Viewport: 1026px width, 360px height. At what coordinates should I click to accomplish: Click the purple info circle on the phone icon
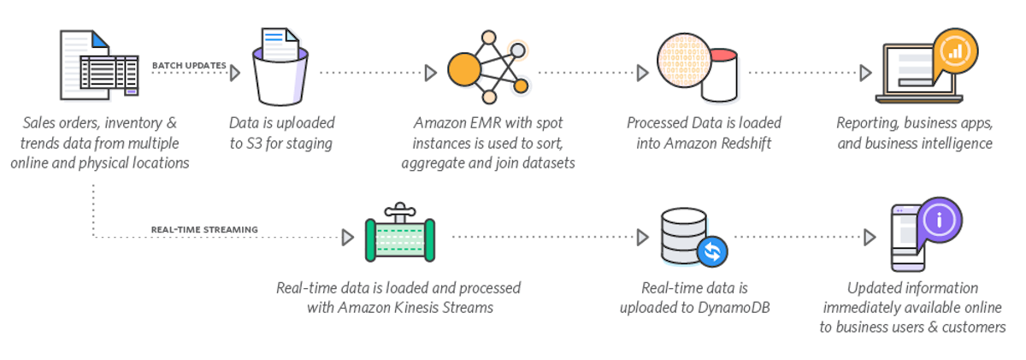(x=939, y=219)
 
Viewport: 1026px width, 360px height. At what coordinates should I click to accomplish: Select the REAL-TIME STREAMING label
(x=204, y=228)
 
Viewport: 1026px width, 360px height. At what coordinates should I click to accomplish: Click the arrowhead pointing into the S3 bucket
(x=235, y=74)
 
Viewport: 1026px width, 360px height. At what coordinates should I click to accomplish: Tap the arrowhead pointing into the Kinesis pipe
(x=347, y=237)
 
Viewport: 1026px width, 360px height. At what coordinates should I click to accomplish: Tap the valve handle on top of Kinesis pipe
(x=398, y=209)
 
